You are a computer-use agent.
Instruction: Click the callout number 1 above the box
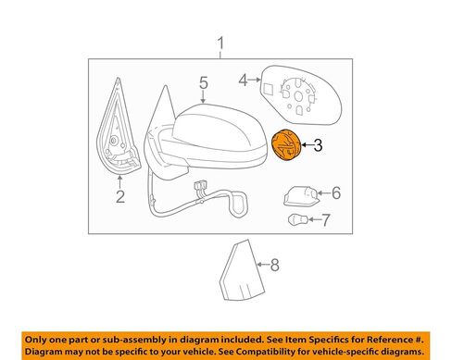point(220,43)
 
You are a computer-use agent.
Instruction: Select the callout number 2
point(120,197)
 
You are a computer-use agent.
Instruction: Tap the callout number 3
point(318,145)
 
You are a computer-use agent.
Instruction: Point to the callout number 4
point(244,81)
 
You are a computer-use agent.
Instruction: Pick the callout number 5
point(204,82)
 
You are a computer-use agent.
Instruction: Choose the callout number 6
point(336,193)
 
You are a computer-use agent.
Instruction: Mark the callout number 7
point(326,220)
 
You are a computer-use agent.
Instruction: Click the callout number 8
point(274,265)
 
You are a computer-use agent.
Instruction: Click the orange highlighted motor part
point(285,145)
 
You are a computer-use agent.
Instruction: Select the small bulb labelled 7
point(297,220)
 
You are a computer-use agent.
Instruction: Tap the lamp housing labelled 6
point(300,195)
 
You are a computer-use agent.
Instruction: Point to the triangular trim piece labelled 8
point(242,270)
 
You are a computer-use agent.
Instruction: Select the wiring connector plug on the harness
point(200,186)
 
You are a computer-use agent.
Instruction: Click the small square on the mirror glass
point(268,89)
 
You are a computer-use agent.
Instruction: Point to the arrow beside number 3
point(307,145)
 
